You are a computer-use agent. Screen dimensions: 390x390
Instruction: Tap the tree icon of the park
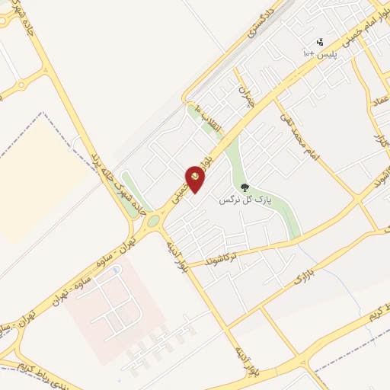pos(245,187)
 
